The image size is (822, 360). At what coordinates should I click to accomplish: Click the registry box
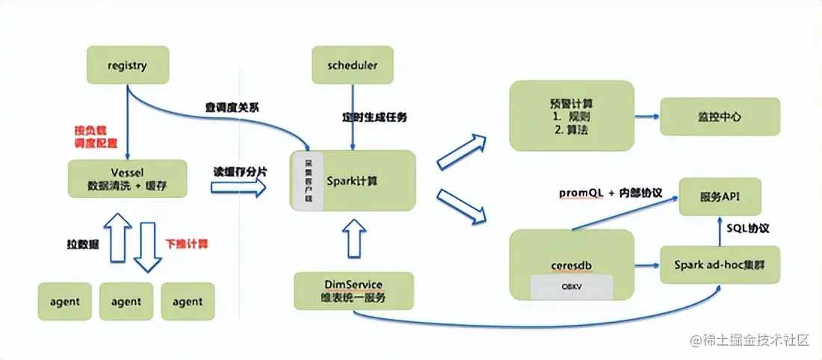pyautogui.click(x=127, y=65)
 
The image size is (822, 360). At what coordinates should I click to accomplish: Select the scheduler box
pyautogui.click(x=352, y=65)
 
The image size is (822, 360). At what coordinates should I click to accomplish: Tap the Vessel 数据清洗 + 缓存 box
pyautogui.click(x=126, y=180)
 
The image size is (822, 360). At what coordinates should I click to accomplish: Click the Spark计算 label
pyautogui.click(x=351, y=180)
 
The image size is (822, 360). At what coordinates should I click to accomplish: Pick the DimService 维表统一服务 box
pyautogui.click(x=353, y=291)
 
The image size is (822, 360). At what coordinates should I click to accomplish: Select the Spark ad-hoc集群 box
pyautogui.click(x=720, y=265)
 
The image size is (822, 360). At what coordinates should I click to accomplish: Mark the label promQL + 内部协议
pyautogui.click(x=611, y=193)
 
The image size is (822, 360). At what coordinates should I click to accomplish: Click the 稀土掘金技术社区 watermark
pyautogui.click(x=750, y=341)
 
